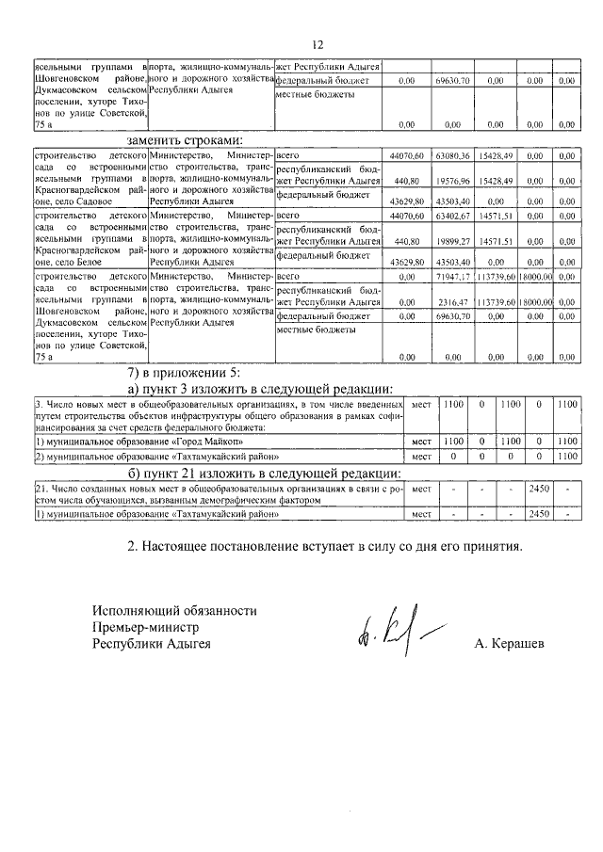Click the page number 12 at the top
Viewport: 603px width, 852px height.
point(317,44)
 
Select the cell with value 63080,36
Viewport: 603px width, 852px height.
point(452,154)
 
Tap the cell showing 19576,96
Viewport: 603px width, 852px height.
point(452,179)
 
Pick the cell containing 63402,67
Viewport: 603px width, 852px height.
point(452,217)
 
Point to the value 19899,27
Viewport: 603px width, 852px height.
point(452,241)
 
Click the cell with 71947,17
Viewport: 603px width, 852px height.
point(452,279)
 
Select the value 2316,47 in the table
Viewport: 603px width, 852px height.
point(452,302)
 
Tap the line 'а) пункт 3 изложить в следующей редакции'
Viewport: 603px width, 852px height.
point(261,390)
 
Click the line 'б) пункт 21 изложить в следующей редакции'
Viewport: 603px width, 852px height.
point(265,473)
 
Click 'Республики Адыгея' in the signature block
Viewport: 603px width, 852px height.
point(152,644)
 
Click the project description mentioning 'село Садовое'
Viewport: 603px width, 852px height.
point(90,178)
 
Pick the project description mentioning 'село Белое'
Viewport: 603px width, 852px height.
point(90,240)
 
